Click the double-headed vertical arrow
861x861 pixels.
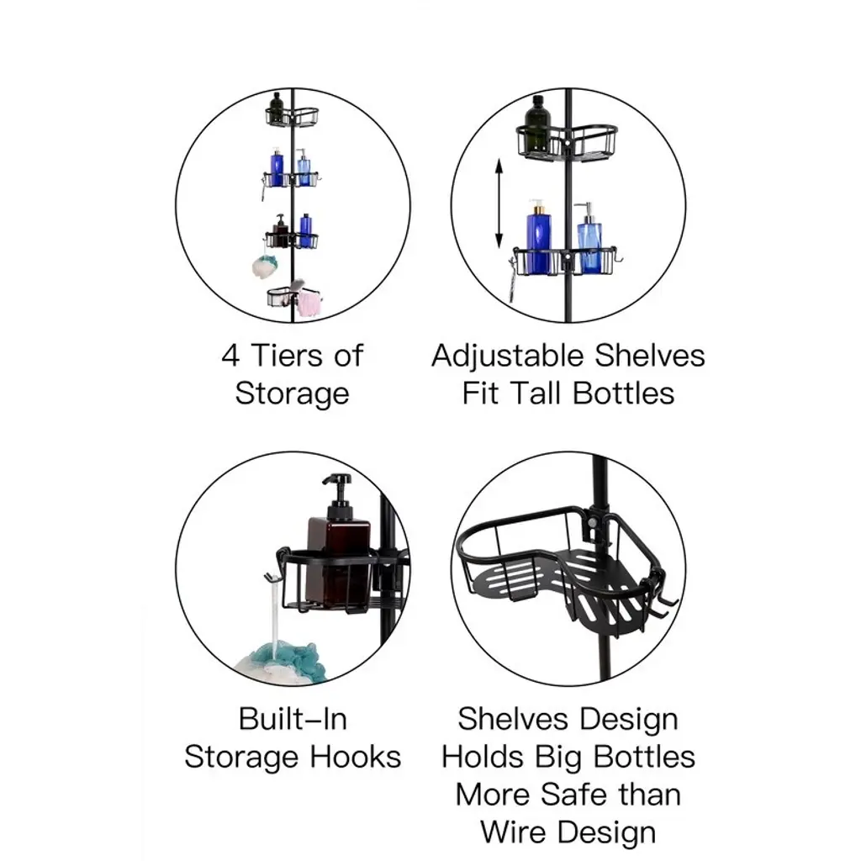point(499,203)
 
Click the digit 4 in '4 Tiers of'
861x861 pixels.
point(230,356)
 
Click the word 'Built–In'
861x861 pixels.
point(293,720)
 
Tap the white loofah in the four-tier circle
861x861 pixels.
point(265,267)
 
